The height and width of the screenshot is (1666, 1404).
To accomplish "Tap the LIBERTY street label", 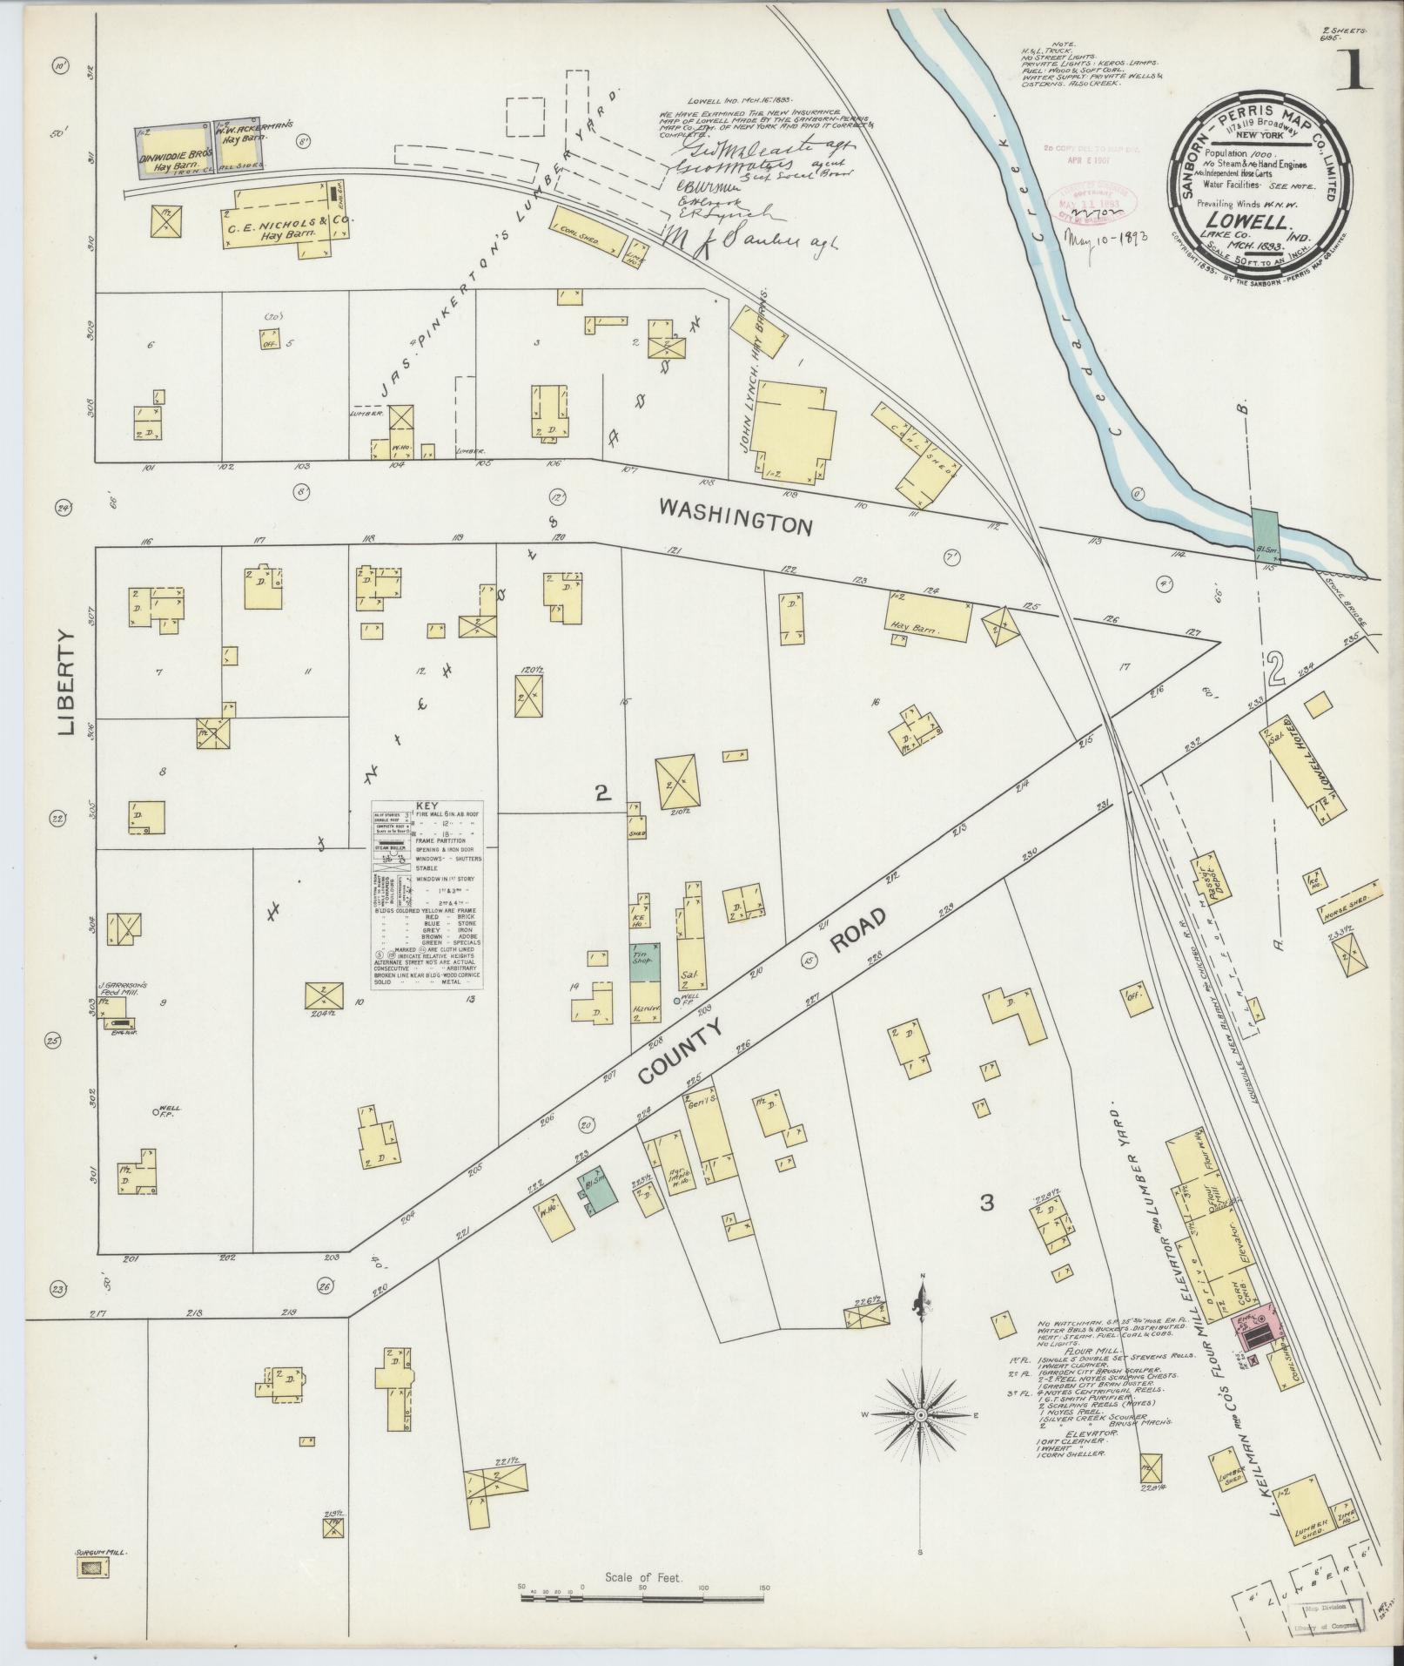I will pyautogui.click(x=68, y=683).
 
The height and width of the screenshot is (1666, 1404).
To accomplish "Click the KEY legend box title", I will pyautogui.click(x=426, y=806).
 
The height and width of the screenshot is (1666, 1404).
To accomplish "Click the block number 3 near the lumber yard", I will pyautogui.click(x=986, y=1203).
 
